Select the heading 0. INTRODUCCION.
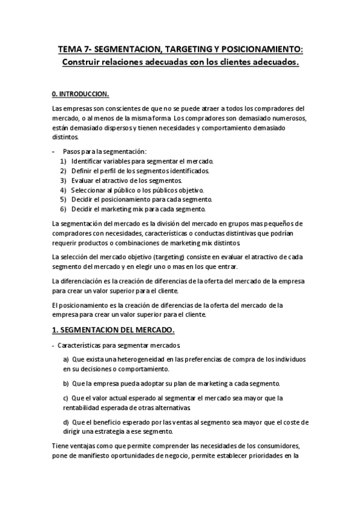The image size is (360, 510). (x=81, y=94)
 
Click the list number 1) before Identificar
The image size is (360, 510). (x=63, y=162)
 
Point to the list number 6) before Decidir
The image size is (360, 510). (x=63, y=209)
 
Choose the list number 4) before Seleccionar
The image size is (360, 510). (x=63, y=190)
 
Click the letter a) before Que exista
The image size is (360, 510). (x=66, y=359)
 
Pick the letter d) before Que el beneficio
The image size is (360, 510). (x=66, y=422)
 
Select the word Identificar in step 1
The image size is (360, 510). (x=88, y=162)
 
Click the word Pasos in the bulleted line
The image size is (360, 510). (x=72, y=152)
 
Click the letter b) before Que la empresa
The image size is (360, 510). (x=66, y=383)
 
